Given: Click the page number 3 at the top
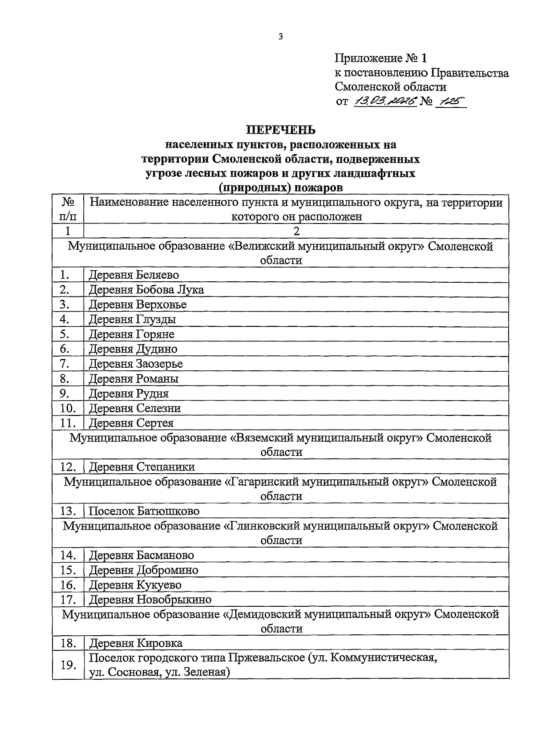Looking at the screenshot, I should (x=280, y=37).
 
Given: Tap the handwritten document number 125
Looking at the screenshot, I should (x=451, y=101).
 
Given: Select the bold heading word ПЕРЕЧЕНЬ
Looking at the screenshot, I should (x=281, y=130).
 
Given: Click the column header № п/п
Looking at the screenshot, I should (x=68, y=209).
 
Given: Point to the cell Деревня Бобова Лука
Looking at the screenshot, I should (x=146, y=290).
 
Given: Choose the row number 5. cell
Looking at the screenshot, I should (x=65, y=334).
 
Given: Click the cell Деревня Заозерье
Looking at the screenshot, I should (x=136, y=364).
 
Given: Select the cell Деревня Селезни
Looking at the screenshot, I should (x=135, y=408).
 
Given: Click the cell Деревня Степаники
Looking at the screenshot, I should (x=142, y=467).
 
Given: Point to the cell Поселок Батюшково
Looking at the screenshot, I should (x=144, y=511).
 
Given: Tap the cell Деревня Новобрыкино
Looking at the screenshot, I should (x=150, y=600).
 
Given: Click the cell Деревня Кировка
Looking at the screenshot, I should (x=136, y=643).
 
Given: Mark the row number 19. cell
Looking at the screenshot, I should (x=68, y=665).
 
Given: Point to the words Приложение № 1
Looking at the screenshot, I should (x=380, y=58).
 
